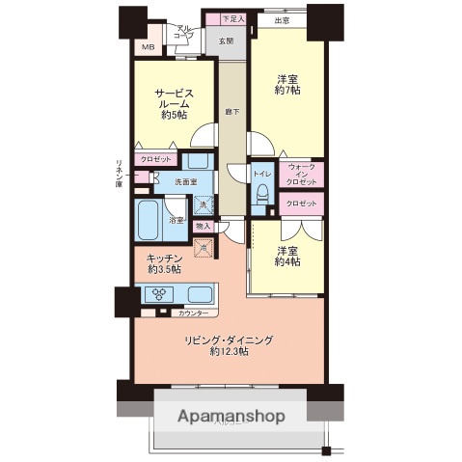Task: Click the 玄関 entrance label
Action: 225,41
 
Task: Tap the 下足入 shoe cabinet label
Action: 233,18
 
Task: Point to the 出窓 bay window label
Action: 282,19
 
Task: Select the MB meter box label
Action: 148,46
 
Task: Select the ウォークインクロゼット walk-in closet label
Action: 302,174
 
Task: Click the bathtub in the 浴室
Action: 150,221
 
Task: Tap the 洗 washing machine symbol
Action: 203,204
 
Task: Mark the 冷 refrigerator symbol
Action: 203,246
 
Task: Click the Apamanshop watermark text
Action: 231,417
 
